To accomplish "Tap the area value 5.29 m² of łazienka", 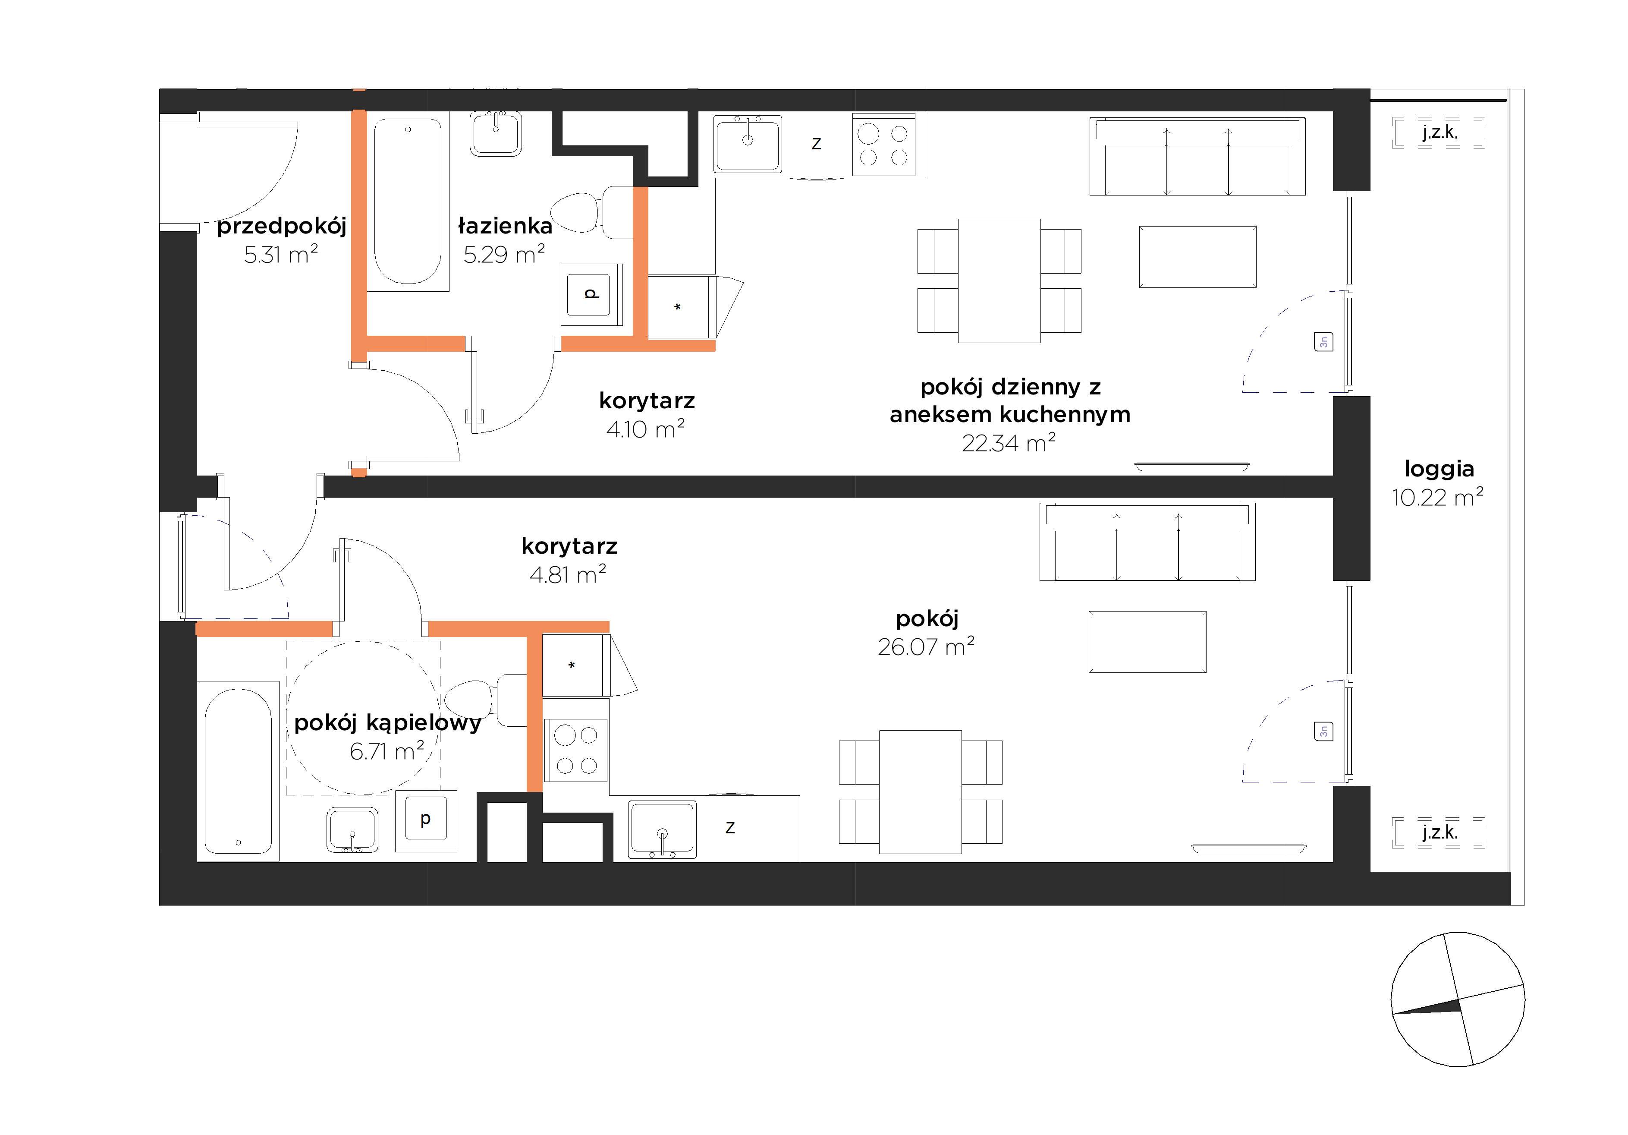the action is click(504, 254).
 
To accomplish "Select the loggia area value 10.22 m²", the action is click(1437, 497).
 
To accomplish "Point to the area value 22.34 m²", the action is click(1008, 443).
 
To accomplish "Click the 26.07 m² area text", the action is click(926, 646).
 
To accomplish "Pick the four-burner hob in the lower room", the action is click(576, 750).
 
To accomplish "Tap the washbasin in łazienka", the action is click(496, 133).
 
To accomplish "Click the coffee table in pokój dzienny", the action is click(1197, 257).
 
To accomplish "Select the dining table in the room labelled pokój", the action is click(921, 791).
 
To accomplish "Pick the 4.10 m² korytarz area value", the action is click(645, 429).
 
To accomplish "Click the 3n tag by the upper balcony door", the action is click(1323, 342).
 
